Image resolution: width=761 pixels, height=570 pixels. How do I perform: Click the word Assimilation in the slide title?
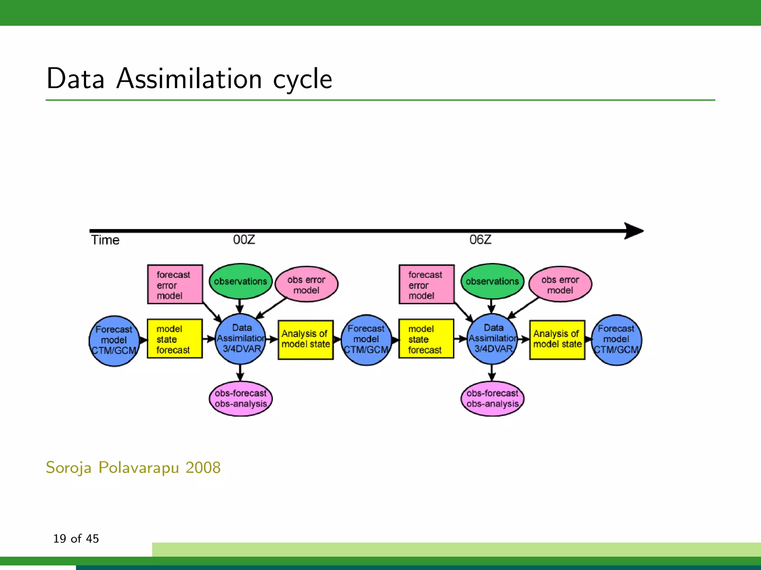pos(189,79)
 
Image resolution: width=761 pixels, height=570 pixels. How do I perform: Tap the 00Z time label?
pos(244,240)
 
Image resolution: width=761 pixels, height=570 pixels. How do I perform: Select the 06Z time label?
pos(480,240)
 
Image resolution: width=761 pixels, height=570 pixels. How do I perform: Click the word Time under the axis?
pos(105,240)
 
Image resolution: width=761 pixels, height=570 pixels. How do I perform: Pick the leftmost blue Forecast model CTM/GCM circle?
pos(114,341)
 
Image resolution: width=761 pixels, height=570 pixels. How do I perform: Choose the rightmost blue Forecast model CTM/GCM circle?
pos(616,340)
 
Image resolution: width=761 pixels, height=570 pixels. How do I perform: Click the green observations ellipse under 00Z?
pos(240,281)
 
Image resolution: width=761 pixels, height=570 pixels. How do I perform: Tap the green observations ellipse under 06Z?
pos(492,281)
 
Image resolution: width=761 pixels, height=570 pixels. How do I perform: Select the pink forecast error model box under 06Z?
pos(427,285)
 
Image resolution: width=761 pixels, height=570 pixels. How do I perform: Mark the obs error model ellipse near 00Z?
pos(307,284)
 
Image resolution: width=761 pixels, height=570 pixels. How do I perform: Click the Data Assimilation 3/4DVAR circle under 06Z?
pos(492,338)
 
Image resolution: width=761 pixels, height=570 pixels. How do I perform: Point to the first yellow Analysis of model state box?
pos(305,340)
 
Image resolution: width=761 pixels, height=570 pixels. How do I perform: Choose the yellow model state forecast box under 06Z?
pos(426,339)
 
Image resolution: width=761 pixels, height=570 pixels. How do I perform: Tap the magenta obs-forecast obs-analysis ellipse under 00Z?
pos(241,399)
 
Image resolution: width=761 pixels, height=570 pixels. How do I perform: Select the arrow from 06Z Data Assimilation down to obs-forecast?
pos(492,373)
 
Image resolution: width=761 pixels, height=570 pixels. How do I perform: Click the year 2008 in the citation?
pos(203,468)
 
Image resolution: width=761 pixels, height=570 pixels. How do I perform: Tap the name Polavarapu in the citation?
pos(139,468)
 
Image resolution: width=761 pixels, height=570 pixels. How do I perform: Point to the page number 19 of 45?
pos(76,538)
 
